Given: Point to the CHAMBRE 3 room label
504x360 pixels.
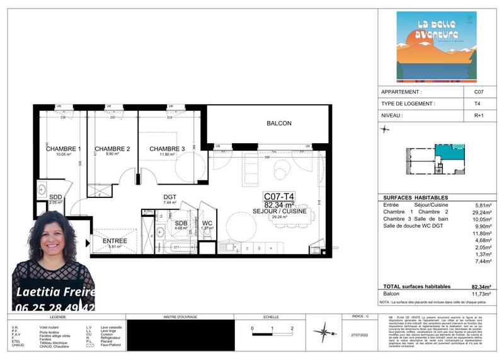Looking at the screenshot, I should pos(167,149).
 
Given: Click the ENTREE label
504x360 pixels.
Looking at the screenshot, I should pos(114,241).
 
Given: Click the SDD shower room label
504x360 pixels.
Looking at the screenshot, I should pos(55,197).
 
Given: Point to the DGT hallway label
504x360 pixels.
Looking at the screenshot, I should pos(169,197).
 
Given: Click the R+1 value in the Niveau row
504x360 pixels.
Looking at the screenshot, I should pos(479,116).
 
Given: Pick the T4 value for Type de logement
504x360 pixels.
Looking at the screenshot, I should pos(478,104).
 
